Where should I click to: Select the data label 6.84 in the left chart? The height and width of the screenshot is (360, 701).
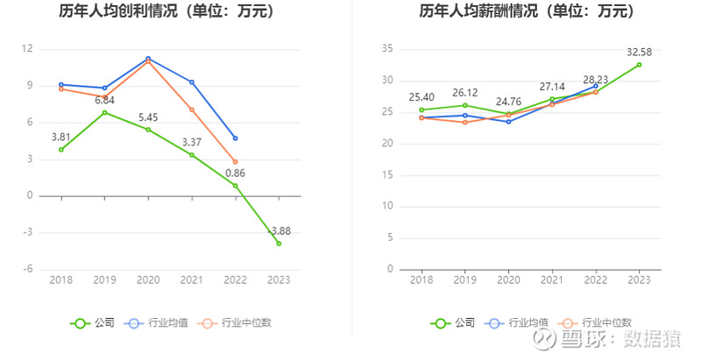pos(105,100)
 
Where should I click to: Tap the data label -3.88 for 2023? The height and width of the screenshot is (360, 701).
pos(279,230)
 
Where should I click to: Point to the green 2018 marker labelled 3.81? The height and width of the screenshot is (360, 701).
pos(61,150)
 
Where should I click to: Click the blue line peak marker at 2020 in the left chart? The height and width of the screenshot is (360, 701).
pos(148,59)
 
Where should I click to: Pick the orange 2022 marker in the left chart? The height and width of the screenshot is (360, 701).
pos(236,162)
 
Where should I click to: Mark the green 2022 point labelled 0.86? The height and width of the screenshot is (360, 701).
pos(236,186)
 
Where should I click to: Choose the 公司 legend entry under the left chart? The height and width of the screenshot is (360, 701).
pos(93,323)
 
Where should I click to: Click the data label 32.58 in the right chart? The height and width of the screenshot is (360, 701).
pos(639,52)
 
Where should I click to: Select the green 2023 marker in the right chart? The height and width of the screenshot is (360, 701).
pos(639,65)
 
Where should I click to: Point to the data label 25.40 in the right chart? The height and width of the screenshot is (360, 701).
pos(421,97)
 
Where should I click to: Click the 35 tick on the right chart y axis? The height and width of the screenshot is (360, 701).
pos(386,49)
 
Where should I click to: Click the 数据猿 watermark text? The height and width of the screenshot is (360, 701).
pos(657,341)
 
